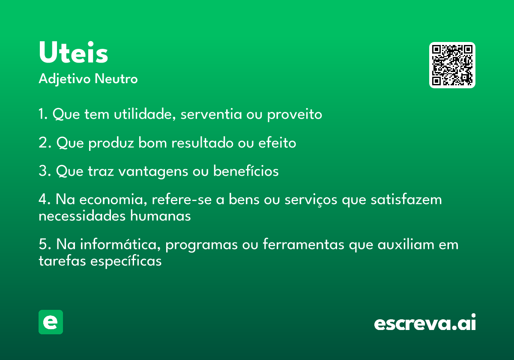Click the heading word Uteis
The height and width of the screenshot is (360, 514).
(x=73, y=52)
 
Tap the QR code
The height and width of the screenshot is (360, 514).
(x=452, y=65)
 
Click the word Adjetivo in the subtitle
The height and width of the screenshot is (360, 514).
(x=65, y=79)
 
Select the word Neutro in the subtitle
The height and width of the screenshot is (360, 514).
(x=116, y=79)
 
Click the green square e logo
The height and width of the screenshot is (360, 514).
(x=51, y=322)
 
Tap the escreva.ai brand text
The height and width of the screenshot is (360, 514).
(x=425, y=322)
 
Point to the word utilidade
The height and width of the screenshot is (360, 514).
(x=145, y=114)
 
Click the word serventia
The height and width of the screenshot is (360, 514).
(x=211, y=114)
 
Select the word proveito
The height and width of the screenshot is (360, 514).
(x=295, y=114)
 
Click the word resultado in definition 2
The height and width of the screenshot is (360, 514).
(x=202, y=143)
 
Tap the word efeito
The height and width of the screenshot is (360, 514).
(x=277, y=143)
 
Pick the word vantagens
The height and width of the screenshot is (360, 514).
(x=153, y=171)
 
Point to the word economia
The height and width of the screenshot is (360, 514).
(x=113, y=199)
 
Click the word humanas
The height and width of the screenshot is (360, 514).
(x=160, y=216)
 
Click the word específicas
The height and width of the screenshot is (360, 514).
(x=126, y=261)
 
